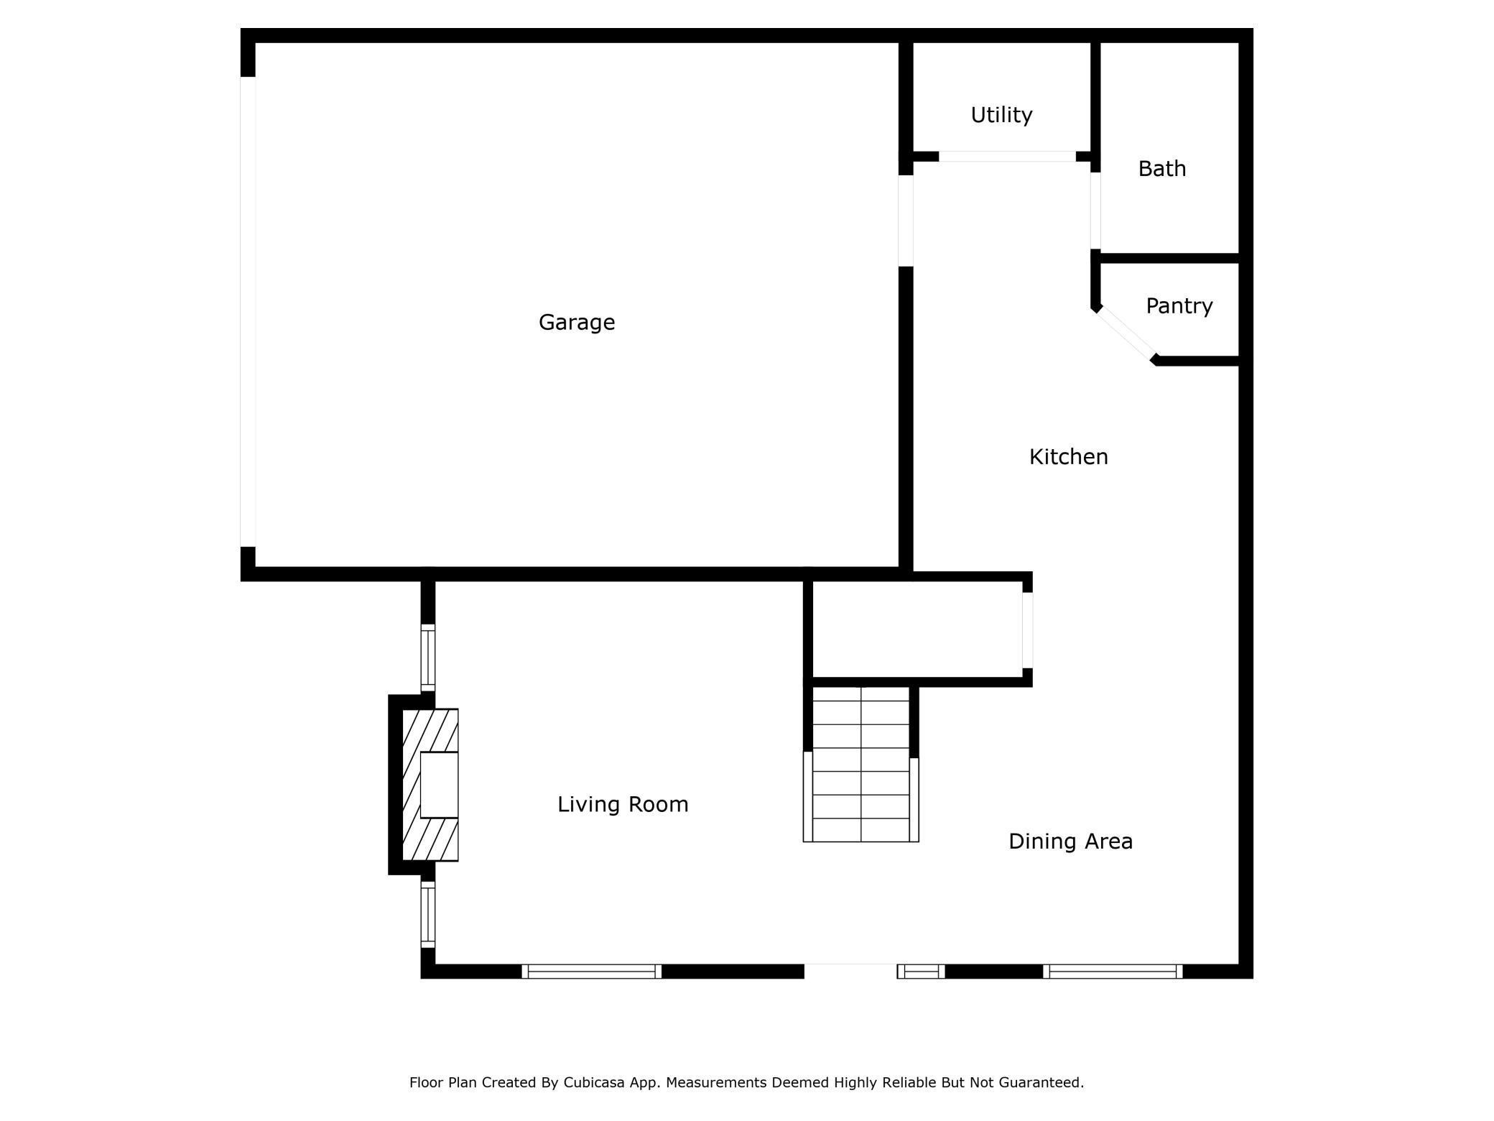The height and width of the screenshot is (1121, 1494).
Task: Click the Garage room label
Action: coord(577,323)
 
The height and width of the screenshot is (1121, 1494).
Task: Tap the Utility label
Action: coord(1001,115)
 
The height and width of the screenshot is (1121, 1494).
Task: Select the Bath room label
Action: coord(1162,169)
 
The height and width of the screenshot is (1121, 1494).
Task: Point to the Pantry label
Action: coord(1179,306)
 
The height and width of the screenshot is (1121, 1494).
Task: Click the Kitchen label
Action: coord(1069,457)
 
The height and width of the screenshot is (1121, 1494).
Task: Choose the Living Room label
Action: coord(623,804)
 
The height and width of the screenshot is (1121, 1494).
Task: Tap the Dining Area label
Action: coord(1070,841)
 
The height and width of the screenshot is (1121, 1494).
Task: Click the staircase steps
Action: coord(860,764)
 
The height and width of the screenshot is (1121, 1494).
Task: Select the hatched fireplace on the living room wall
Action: coord(430,785)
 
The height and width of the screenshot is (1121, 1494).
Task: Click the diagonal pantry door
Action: coord(1126,335)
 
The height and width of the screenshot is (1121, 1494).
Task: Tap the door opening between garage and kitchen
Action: coord(906,221)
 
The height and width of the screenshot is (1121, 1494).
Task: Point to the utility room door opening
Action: coord(1007,157)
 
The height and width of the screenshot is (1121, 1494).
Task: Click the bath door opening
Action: coord(1095,211)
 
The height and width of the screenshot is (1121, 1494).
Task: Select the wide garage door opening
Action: coord(248,312)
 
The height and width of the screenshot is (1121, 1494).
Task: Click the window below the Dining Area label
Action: coord(1113,972)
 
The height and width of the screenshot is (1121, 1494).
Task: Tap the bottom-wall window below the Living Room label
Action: coord(592,972)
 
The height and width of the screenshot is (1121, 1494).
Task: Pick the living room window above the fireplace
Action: coord(428,658)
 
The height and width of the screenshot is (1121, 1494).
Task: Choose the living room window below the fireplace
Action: coord(428,915)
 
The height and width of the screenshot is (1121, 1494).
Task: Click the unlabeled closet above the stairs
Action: coord(917,629)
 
